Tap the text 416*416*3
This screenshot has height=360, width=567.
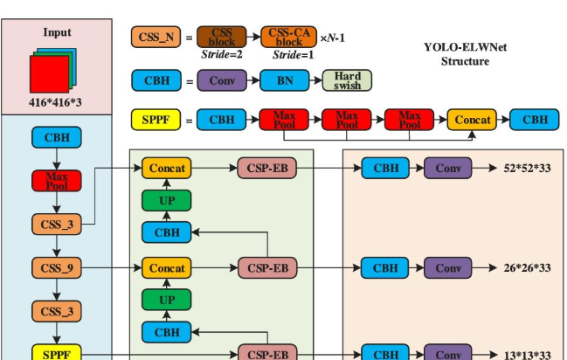[57, 102]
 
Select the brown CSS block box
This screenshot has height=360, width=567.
[221, 37]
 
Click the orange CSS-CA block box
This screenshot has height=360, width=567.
[286, 37]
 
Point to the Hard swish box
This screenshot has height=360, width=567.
[347, 81]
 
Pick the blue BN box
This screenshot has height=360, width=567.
[285, 81]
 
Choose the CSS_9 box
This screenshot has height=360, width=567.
[57, 268]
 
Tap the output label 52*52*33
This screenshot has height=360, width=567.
[528, 168]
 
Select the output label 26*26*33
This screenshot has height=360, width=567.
[528, 268]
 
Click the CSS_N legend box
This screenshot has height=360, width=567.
[156, 37]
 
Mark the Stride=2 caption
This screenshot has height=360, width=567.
[221, 54]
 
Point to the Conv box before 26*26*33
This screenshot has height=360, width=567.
[448, 268]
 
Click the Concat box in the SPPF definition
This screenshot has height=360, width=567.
[472, 120]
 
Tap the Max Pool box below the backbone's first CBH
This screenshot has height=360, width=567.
[57, 181]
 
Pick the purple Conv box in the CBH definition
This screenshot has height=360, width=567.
[221, 81]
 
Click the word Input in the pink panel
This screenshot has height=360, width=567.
[57, 32]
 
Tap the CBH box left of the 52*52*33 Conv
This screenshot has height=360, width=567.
[385, 168]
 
